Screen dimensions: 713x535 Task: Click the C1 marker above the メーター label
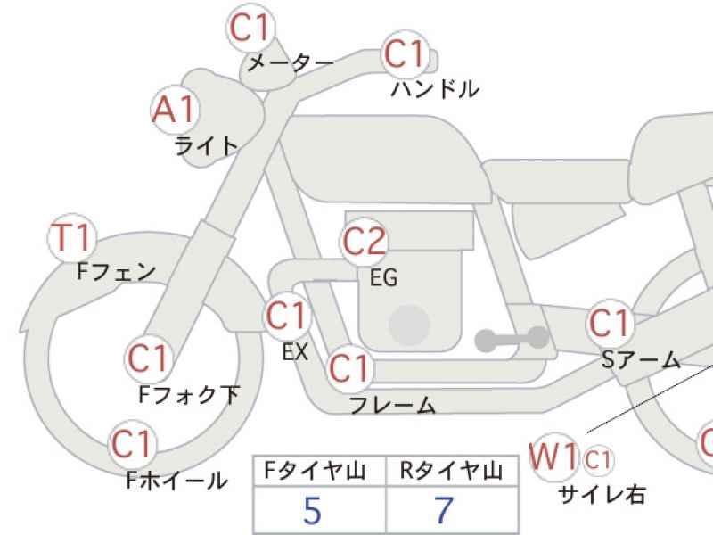pos(250,28)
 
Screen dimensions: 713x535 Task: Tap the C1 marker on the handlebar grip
pos(406,54)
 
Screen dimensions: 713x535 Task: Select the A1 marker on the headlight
pos(175,111)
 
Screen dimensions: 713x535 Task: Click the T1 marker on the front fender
pos(72,238)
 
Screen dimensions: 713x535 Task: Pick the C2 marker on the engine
pos(364,242)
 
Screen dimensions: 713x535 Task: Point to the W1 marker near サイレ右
pos(554,457)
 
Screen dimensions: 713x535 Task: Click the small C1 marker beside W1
pos(597,460)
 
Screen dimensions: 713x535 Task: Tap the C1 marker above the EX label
pos(287,316)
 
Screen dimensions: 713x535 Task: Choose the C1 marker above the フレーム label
pos(349,368)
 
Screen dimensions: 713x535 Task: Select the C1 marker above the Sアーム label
pos(611,323)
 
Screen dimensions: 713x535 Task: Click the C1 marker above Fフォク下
pos(149,359)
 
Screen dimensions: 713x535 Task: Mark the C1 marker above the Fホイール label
pos(132,444)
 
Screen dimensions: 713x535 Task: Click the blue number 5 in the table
pos(313,510)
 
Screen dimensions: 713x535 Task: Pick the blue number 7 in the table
pos(444,510)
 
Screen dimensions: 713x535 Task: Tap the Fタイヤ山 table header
pos(315,471)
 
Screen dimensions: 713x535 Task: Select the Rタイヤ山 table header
pos(451,471)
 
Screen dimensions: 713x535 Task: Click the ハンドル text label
pos(435,89)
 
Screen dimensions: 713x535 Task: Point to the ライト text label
pos(207,146)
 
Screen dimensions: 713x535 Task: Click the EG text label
pos(384,277)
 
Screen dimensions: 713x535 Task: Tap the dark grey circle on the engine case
pos(410,325)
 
